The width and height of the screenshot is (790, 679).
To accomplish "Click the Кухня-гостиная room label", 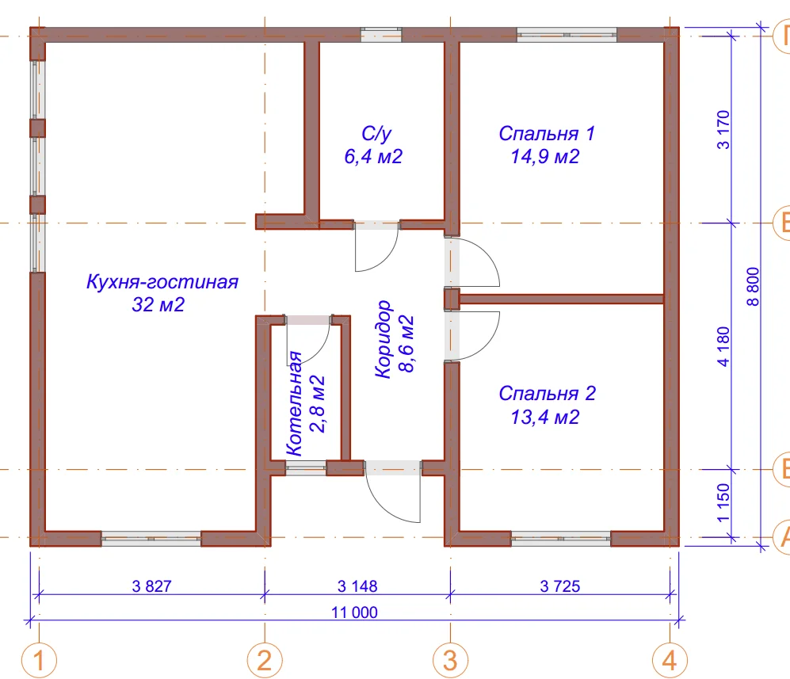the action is tap(162, 281).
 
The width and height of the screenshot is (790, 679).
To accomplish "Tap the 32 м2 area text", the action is tap(158, 305).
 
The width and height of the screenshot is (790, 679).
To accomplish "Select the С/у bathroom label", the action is tap(376, 133).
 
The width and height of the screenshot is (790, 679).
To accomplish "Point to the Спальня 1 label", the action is tap(547, 133).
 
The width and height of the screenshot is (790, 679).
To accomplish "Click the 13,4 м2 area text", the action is tap(545, 417).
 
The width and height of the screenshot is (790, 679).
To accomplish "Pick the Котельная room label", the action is tap(294, 403).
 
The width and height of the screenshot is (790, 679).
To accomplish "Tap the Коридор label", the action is tap(384, 339).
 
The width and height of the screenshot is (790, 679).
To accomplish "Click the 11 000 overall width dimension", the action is tap(354, 612).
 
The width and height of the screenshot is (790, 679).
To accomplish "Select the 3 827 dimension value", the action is tap(151, 586).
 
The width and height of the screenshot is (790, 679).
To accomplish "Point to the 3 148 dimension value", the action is tap(357, 586).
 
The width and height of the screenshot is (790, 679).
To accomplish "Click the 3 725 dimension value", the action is tap(559, 586).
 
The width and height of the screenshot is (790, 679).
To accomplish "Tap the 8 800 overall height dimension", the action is tap(753, 286).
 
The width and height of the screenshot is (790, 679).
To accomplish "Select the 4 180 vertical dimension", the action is tap(723, 346).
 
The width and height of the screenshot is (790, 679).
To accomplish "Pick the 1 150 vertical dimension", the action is tap(723, 502).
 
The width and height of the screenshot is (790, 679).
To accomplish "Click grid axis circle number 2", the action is tap(265, 660).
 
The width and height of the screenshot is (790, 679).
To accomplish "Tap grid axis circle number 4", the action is tap(670, 660).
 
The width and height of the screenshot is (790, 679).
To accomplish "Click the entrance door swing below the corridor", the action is tap(383, 505).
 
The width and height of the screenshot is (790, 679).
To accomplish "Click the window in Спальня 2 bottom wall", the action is tap(561, 539).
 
